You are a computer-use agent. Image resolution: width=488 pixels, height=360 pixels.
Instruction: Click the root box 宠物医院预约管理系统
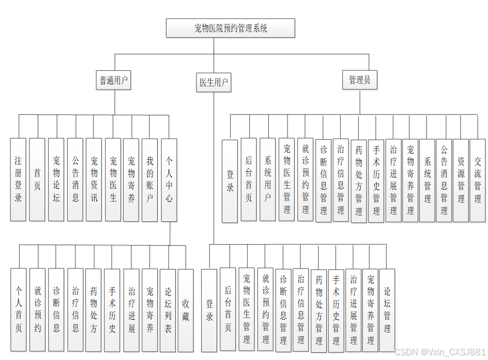pyautogui.click(x=231, y=28)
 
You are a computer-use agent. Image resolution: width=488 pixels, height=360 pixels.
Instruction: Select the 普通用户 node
pyautogui.click(x=114, y=81)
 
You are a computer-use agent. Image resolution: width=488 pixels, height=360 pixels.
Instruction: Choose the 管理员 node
pyautogui.click(x=360, y=80)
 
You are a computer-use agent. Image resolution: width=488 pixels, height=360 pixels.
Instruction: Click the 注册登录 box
pyautogui.click(x=19, y=179)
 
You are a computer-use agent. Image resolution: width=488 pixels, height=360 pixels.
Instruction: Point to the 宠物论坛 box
pyautogui.click(x=56, y=179)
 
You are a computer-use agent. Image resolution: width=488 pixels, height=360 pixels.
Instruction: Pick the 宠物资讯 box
pyautogui.click(x=94, y=179)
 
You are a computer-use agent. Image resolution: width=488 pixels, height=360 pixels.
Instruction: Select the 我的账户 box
pyautogui.click(x=150, y=179)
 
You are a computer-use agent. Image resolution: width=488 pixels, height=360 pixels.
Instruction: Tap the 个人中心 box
pyautogui.click(x=169, y=179)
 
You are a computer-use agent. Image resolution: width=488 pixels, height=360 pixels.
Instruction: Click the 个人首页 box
pyautogui.click(x=19, y=310)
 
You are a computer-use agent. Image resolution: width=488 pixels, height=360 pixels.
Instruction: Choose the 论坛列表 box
pyautogui.click(x=168, y=310)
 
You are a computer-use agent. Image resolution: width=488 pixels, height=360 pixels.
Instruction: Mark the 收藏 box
pyautogui.click(x=186, y=310)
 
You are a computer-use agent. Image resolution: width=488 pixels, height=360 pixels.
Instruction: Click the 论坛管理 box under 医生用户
pyautogui.click(x=387, y=310)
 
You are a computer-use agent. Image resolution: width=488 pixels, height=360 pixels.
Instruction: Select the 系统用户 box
pyautogui.click(x=268, y=179)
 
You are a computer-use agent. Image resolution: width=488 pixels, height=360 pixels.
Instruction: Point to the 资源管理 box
pyautogui.click(x=461, y=180)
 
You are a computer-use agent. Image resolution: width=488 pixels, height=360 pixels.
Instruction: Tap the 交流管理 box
pyautogui.click(x=478, y=180)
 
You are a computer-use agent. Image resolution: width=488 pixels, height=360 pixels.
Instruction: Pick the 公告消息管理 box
pyautogui.click(x=444, y=180)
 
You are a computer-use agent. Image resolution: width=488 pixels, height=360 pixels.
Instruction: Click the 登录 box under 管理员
pyautogui.click(x=230, y=181)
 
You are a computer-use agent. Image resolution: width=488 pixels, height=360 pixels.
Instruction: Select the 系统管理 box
pyautogui.click(x=427, y=180)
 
